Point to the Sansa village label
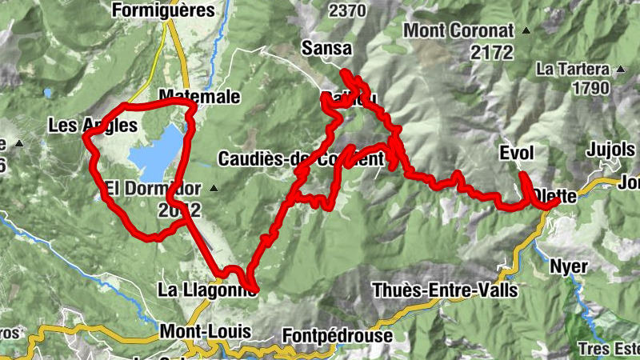coord(326,49)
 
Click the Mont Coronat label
coord(458,30)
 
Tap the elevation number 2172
coord(492,52)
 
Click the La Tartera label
coord(573,69)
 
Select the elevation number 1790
coord(592,87)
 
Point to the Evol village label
coord(516,153)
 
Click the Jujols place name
coord(610,150)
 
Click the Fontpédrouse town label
coord(338,336)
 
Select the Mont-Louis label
coord(206,330)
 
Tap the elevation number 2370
coord(346,10)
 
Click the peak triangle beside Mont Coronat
coord(526,31)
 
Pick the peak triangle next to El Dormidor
coord(214,189)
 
